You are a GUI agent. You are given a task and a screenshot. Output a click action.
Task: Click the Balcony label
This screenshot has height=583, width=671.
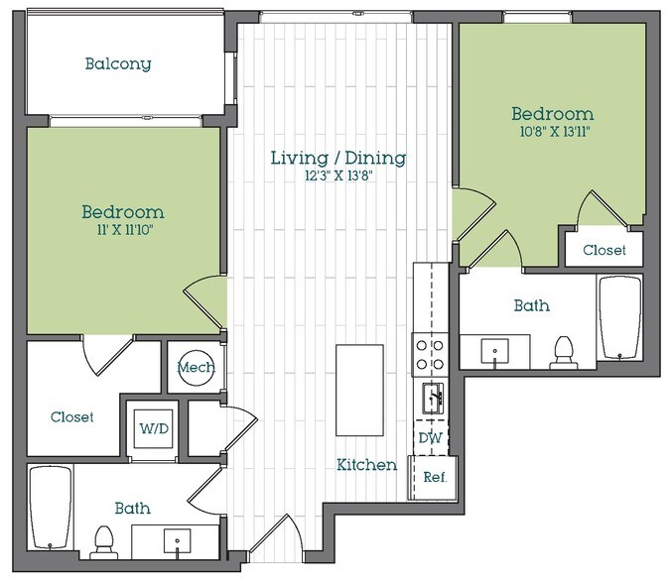coord(118,64)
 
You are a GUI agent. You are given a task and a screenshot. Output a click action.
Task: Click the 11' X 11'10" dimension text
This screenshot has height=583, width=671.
coord(122,230)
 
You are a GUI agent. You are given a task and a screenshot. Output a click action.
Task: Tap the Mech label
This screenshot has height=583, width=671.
coord(196,368)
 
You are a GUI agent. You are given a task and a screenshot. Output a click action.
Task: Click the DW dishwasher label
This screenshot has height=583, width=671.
coord(431,437)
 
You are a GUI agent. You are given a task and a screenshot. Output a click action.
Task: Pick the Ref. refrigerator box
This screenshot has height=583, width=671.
coord(434,477)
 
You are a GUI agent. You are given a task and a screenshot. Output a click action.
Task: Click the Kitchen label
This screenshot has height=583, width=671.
coord(366,464)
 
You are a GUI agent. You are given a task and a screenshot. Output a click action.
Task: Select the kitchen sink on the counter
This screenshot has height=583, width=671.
coord(432,399)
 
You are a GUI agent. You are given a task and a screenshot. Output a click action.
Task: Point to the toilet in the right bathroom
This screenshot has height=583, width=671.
coord(564,351)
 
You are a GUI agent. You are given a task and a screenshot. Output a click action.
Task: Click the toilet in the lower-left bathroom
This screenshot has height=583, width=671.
coord(102,541)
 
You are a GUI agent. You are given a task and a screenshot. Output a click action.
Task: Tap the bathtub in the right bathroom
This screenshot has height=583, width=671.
coord(622,318)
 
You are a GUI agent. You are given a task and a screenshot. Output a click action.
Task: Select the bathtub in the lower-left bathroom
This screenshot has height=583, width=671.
coord(50,509)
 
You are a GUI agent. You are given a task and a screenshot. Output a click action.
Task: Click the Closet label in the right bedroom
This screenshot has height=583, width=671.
coord(604,250)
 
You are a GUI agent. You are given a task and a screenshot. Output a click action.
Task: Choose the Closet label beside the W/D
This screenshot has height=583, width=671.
coord(72,417)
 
